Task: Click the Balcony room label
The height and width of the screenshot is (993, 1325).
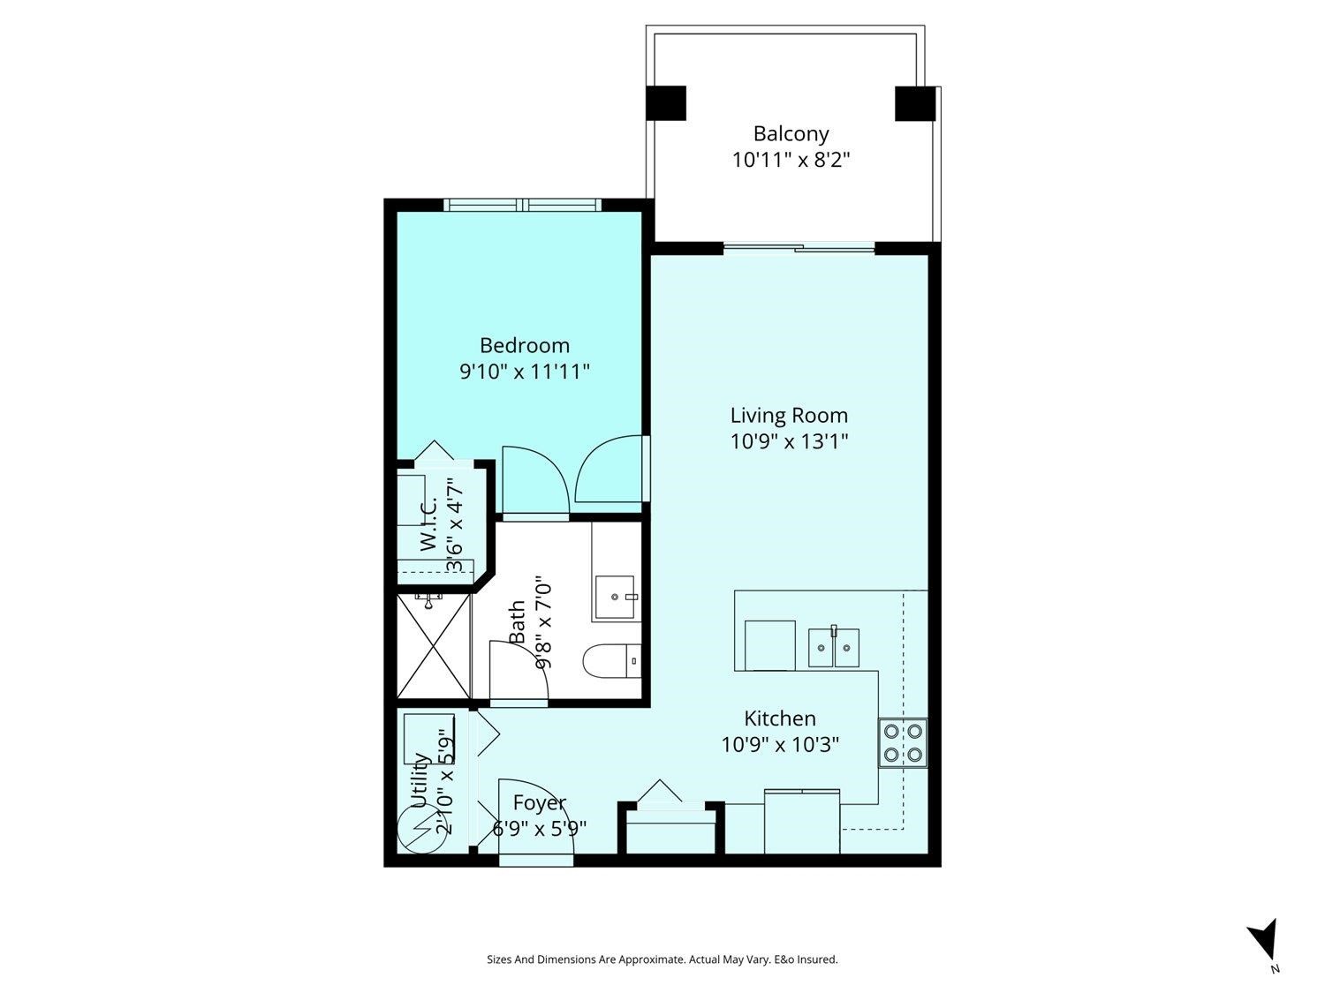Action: coord(791,134)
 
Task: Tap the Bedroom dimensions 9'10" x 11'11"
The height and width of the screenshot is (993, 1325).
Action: coord(524,372)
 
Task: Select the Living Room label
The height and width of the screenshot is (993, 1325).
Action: coord(789,416)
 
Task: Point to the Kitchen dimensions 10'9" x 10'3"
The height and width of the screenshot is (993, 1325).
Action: coord(779,745)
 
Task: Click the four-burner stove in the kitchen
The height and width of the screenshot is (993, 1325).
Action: coord(903,742)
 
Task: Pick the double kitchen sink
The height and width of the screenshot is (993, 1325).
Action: coord(834,648)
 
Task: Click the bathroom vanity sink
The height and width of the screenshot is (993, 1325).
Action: coord(616,598)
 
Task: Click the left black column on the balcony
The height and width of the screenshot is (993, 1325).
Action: coord(666,103)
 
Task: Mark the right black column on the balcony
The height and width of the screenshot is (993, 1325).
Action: coord(914,103)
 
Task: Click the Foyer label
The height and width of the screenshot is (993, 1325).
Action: coord(540,803)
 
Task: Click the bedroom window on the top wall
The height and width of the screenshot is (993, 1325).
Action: coord(523,205)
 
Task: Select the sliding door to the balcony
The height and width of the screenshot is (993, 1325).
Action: coord(799,248)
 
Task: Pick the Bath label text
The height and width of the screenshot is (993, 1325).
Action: coord(518,621)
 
